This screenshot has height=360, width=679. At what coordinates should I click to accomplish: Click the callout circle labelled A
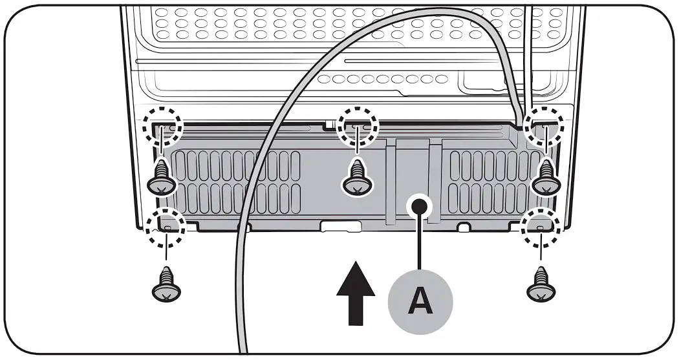[420, 301]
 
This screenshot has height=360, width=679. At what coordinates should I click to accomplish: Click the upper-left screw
[161, 178]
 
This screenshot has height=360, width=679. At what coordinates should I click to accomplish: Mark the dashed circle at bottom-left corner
[166, 226]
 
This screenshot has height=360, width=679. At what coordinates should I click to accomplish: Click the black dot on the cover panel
[420, 206]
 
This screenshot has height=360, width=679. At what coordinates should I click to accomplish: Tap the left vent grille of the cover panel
[235, 182]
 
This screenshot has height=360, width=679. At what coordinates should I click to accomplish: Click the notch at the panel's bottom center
[340, 226]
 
